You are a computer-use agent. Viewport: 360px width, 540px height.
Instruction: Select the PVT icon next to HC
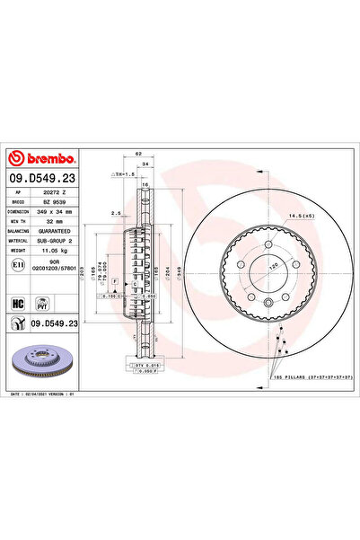[40, 304]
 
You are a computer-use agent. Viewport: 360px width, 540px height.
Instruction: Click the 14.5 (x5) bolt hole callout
[302, 215]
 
